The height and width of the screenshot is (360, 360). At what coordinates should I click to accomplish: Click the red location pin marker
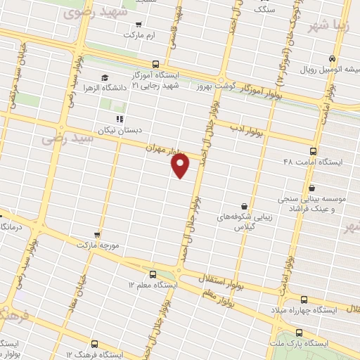(181, 165)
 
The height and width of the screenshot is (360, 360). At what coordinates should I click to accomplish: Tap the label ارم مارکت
(138, 34)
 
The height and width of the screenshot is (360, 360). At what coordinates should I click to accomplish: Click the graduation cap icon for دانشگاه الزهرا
(105, 77)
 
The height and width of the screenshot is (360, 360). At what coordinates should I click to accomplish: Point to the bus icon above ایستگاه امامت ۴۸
(313, 150)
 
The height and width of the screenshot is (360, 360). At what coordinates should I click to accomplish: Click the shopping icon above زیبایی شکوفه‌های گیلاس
(243, 206)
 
